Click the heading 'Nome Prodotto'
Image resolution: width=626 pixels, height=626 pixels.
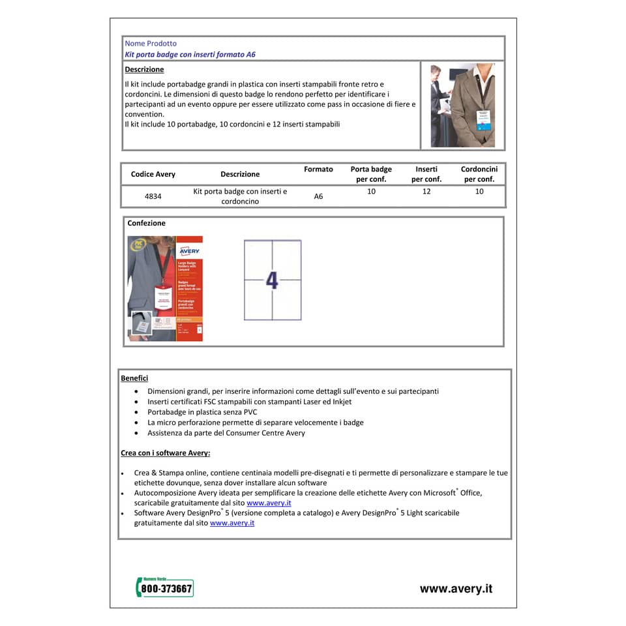(x=151, y=44)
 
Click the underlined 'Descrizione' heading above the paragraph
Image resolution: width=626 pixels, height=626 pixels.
(x=144, y=70)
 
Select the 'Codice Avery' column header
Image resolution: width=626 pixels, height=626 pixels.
(x=153, y=174)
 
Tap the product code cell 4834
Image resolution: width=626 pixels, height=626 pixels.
(x=153, y=196)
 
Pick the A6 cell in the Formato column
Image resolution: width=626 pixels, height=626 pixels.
(x=318, y=196)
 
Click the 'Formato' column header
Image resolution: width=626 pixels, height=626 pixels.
(x=318, y=170)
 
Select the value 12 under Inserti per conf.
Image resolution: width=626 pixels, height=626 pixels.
(x=426, y=192)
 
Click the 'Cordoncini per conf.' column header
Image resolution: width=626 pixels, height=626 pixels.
(x=479, y=174)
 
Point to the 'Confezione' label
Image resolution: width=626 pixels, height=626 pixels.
(x=147, y=224)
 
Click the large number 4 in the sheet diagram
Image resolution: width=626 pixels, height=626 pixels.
(x=272, y=280)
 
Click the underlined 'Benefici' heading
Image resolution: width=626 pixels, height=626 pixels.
(x=134, y=378)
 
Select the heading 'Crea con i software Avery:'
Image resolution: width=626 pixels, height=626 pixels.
(x=166, y=453)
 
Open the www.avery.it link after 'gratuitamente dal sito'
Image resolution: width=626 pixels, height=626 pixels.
(x=232, y=523)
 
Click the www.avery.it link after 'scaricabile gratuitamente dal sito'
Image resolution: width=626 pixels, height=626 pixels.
(x=269, y=503)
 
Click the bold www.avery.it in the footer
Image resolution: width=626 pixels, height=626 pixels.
(x=456, y=589)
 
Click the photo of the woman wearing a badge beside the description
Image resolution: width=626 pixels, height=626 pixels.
(x=462, y=105)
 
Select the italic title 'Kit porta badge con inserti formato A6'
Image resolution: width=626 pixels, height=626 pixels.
(x=190, y=55)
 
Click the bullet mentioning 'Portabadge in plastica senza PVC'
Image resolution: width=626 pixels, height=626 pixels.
(x=202, y=412)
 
